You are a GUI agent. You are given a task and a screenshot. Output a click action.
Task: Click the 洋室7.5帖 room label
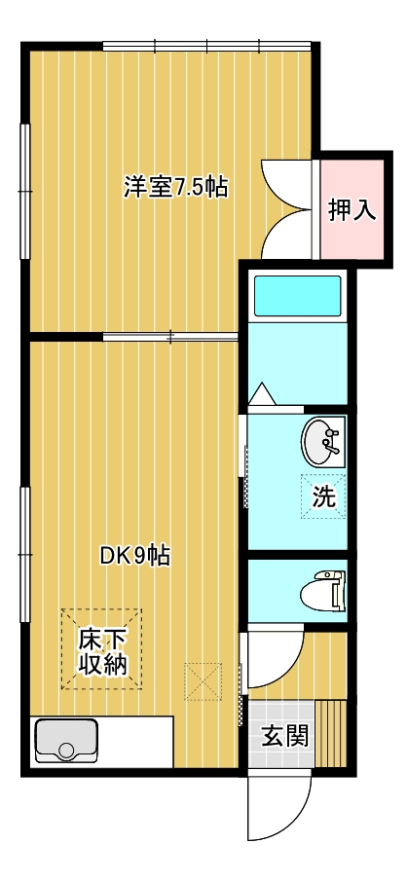[x=176, y=188]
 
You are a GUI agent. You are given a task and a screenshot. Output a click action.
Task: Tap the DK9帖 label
[x=135, y=556]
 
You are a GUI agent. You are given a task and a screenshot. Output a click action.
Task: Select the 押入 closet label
[x=351, y=210]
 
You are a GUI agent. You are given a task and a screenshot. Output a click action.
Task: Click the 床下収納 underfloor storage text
[x=101, y=652]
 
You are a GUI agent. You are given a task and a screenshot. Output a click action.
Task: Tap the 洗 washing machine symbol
[x=323, y=496]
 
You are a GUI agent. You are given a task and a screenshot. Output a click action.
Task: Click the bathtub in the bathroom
[x=297, y=296]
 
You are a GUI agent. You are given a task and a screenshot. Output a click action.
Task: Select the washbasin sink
[x=322, y=441]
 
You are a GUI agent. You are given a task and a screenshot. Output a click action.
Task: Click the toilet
[x=322, y=591]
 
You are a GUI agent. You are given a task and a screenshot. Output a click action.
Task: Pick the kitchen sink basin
[x=66, y=741]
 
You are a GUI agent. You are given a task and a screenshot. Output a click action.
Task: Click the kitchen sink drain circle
[x=66, y=751]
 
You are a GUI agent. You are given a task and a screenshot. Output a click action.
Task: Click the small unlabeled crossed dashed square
[x=203, y=681]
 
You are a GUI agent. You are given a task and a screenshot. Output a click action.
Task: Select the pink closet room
[x=351, y=209]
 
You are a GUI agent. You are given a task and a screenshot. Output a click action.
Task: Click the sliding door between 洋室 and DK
[x=171, y=337]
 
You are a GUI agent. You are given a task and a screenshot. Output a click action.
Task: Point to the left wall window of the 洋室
[x=24, y=192]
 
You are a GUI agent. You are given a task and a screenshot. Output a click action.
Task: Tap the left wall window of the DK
[x=24, y=555]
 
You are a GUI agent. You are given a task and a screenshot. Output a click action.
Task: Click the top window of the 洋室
[x=206, y=46]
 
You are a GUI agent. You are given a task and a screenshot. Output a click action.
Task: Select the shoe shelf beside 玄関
[x=330, y=733]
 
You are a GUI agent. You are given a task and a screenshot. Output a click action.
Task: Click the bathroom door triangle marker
[x=262, y=394]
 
